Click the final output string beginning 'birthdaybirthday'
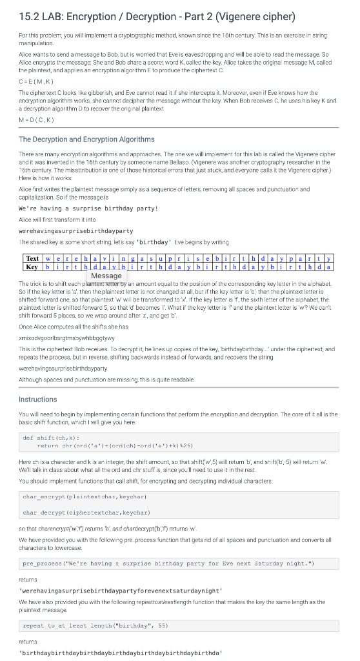point(112,653)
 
